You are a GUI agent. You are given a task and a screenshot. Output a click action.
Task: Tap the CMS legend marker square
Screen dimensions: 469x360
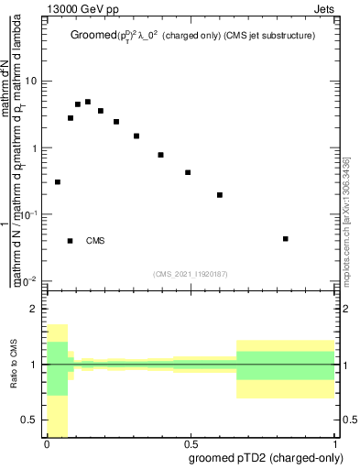point(71,241)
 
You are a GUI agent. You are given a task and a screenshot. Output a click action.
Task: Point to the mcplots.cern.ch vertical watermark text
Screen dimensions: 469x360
point(345,220)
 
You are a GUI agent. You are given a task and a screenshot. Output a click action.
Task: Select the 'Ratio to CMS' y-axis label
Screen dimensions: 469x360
point(14,364)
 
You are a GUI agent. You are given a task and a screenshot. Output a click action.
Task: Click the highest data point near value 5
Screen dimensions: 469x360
point(88,102)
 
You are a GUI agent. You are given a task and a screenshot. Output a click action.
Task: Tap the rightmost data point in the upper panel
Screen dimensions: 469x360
point(287,239)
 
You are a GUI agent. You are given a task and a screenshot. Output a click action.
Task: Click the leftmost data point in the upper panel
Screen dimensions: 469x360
point(58,182)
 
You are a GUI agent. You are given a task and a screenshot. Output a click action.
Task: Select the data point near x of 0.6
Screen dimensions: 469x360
point(220,195)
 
